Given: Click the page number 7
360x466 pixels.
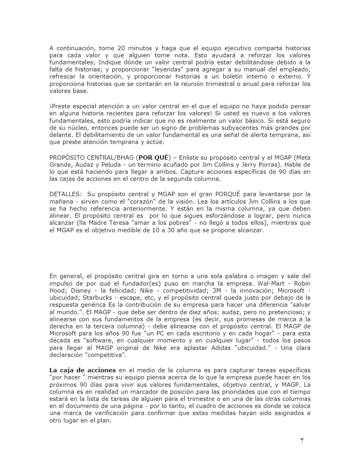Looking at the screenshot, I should click(302, 441).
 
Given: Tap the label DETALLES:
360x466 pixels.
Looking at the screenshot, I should click(65, 194).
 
